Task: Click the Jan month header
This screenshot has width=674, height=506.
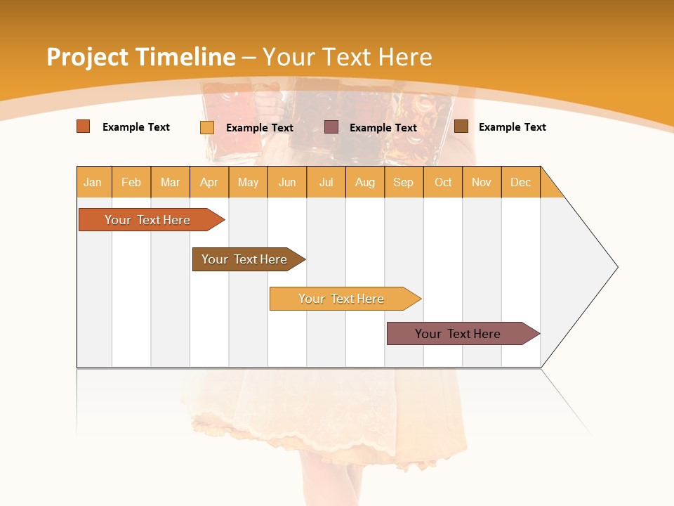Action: click(93, 182)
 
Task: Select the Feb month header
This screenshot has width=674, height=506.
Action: click(131, 182)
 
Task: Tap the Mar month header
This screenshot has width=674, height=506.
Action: click(170, 182)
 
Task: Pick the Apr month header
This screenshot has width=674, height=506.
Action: click(209, 182)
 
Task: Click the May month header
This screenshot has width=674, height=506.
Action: click(248, 182)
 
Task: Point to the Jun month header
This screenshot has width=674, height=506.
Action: click(287, 182)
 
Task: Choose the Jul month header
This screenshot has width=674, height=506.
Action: click(326, 182)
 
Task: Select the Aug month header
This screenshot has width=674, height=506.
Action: click(365, 182)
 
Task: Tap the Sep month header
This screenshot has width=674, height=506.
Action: click(404, 182)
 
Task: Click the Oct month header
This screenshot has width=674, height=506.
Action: click(443, 182)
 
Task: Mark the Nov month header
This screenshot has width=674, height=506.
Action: click(482, 182)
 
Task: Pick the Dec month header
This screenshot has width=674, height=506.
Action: click(521, 182)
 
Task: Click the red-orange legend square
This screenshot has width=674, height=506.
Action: click(84, 126)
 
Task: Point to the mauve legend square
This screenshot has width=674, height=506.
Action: click(331, 127)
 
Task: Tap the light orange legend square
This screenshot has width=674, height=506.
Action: click(207, 127)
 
